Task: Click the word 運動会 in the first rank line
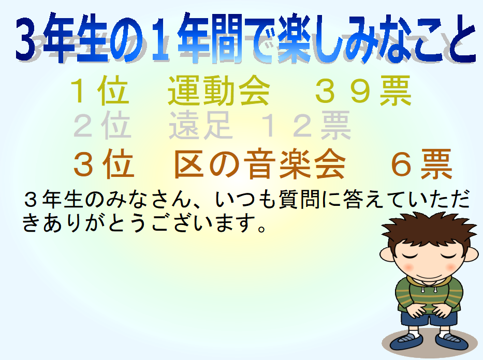tap(219, 91)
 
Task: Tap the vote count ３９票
tap(363, 91)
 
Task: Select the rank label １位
tap(99, 91)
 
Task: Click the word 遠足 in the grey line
tap(200, 125)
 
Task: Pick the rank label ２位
tap(103, 125)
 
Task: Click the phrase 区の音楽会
tap(260, 163)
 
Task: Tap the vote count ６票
tap(421, 163)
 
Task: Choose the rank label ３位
tap(104, 163)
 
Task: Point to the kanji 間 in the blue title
tap(225, 38)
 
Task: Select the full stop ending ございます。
tap(262, 228)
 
